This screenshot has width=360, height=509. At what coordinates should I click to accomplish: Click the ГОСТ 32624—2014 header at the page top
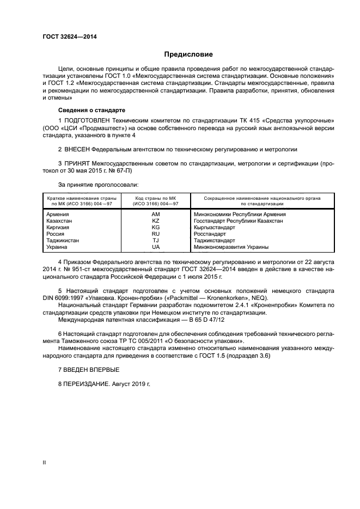[66, 36]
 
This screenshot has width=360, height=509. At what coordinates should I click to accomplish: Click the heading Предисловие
[188, 54]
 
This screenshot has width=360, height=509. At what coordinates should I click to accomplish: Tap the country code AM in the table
[156, 214]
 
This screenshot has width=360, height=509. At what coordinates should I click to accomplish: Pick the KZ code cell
[156, 221]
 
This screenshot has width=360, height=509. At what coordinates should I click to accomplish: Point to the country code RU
[156, 234]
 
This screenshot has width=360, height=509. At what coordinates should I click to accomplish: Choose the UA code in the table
[156, 247]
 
